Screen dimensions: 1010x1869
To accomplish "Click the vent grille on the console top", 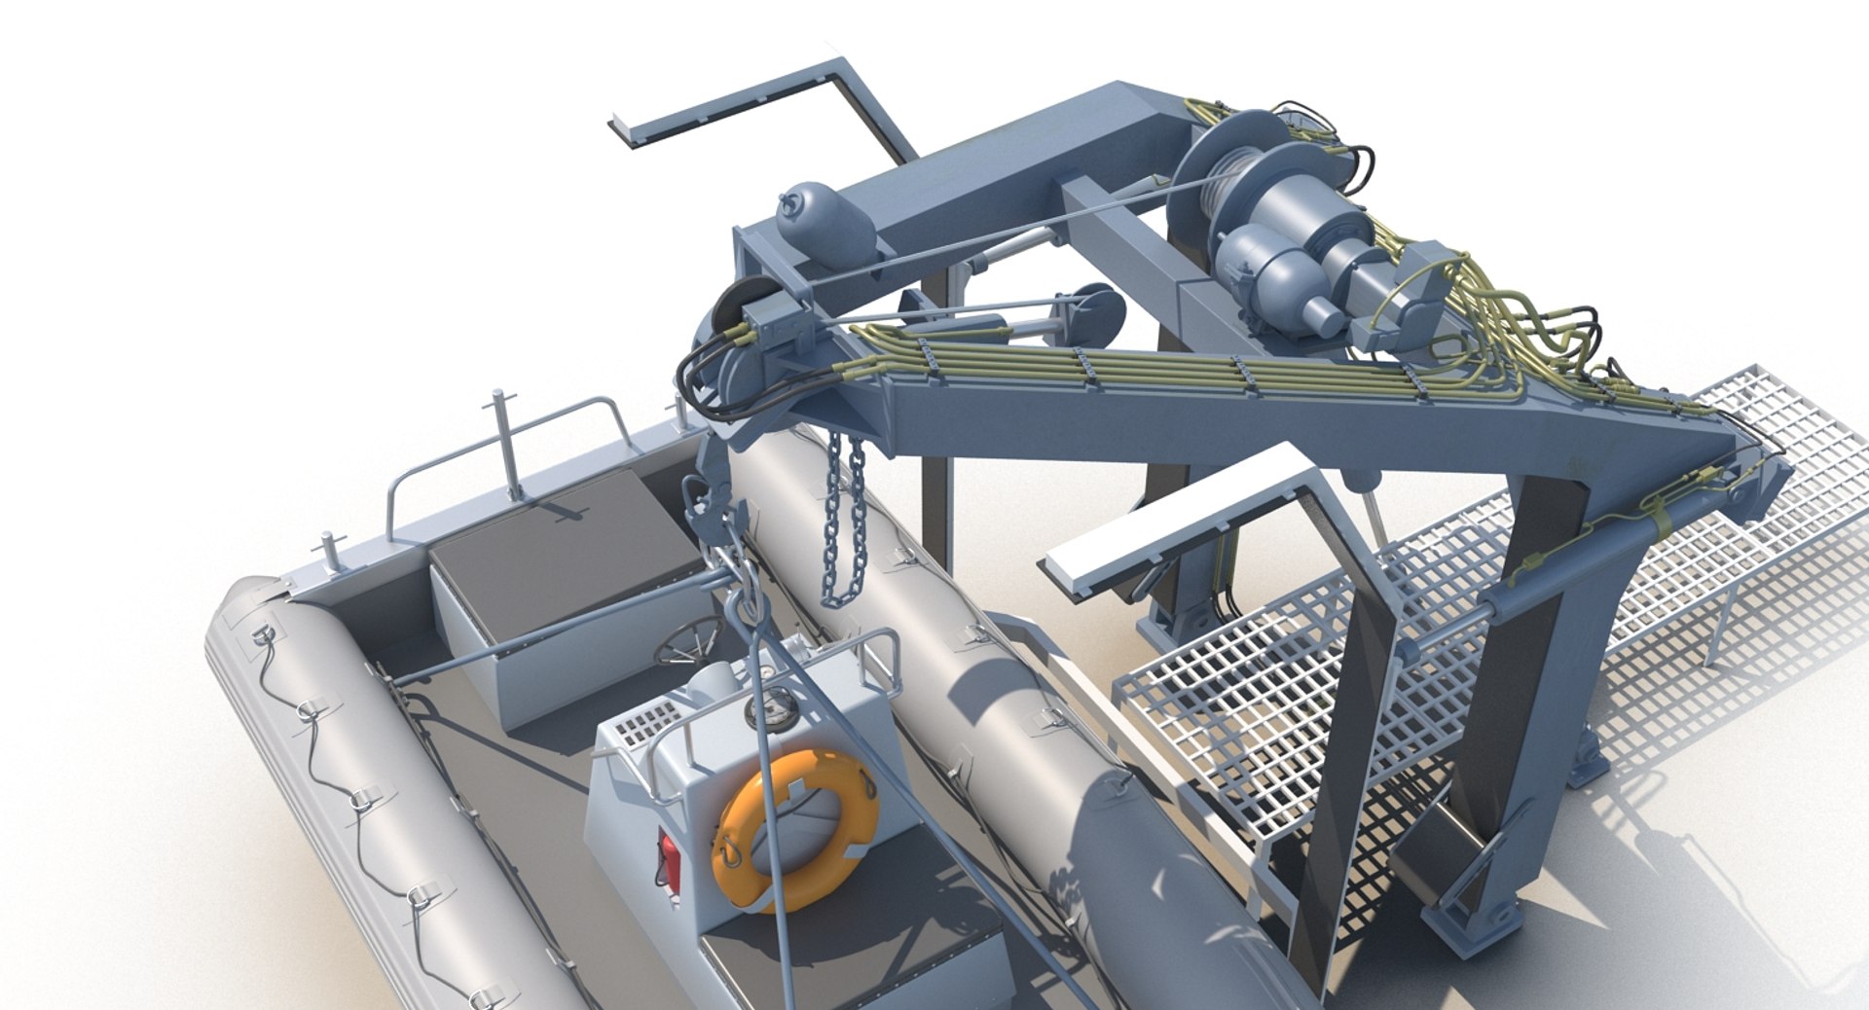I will (639, 726).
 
